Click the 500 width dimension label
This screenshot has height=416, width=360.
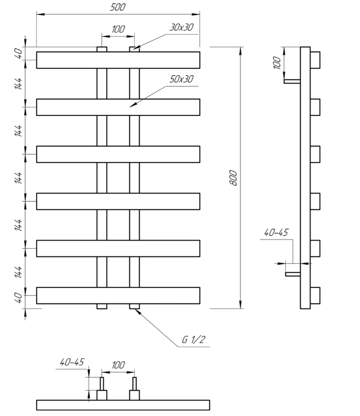118,7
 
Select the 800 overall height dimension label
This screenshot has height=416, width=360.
233,178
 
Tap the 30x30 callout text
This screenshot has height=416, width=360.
181,27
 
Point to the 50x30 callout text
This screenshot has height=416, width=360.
181,79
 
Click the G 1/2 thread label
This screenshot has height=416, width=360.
194,339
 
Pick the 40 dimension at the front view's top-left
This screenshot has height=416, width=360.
19,53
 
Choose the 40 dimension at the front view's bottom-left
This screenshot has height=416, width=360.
19,298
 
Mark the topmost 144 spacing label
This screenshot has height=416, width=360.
19,83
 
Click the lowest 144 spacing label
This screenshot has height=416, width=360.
19,272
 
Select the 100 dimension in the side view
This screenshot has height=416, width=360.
277,63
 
